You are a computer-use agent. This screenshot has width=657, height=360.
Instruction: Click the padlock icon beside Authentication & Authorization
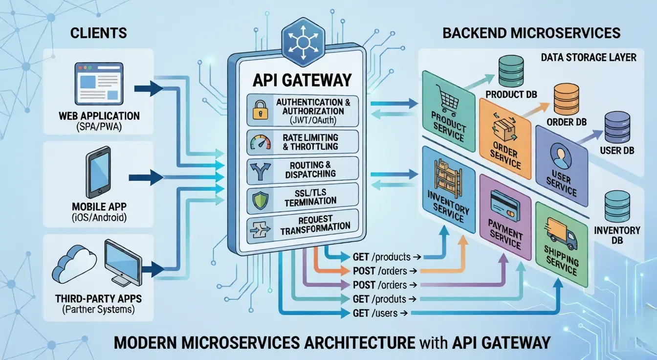coord(258,111)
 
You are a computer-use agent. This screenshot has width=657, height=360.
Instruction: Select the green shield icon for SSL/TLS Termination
coord(258,200)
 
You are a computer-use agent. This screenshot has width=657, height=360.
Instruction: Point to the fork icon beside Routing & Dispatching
coord(258,171)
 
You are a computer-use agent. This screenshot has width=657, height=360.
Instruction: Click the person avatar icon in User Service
coord(558,158)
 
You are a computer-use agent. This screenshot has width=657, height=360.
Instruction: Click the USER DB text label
coord(617,151)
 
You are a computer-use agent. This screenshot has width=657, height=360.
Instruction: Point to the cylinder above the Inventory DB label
coord(617,206)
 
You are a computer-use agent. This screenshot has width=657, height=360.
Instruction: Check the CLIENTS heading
coord(92,33)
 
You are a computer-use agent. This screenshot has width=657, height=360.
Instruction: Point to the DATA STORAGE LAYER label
coord(589,58)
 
